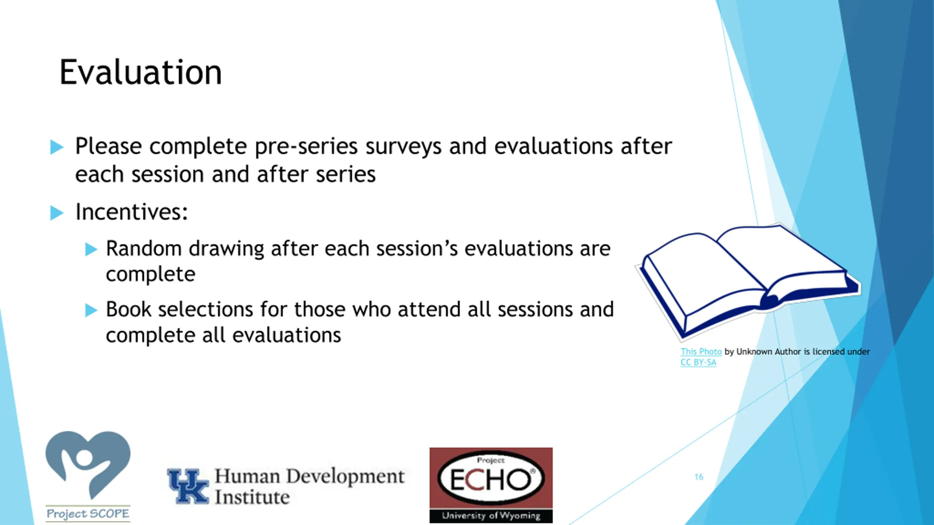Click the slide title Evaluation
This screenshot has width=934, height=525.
point(140,72)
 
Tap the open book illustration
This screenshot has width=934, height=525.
point(748,281)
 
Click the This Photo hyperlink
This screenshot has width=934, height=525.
point(701,351)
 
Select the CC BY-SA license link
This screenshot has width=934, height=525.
point(698,362)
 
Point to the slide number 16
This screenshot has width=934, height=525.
point(699,477)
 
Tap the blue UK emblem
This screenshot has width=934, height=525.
point(188,486)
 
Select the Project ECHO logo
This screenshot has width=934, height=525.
point(491,485)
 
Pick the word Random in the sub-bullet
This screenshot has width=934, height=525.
point(144,249)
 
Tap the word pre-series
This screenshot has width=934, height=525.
point(306,147)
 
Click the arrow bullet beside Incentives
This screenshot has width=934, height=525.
point(57,213)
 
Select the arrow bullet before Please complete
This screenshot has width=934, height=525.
point(57,147)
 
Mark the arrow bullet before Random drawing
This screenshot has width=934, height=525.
point(91,250)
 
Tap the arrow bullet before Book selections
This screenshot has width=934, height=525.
point(91,310)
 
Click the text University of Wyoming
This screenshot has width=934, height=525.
point(491,516)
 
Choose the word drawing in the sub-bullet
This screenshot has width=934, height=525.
point(226,249)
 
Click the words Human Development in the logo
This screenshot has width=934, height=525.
point(309,476)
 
